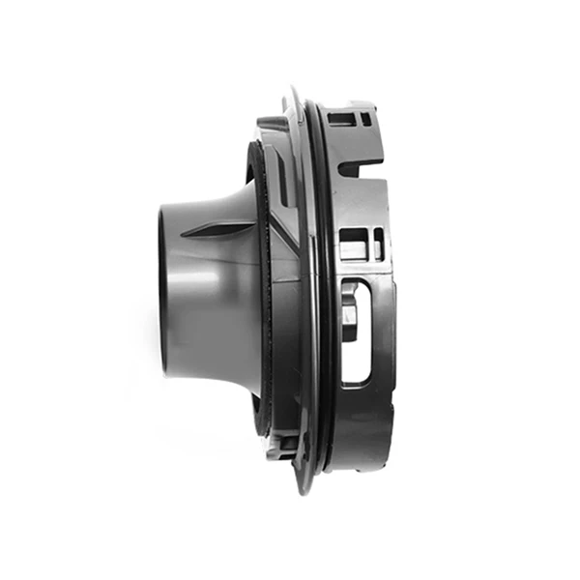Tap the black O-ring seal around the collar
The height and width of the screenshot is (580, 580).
[x=322, y=290]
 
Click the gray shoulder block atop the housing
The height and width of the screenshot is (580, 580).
[x=270, y=125]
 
